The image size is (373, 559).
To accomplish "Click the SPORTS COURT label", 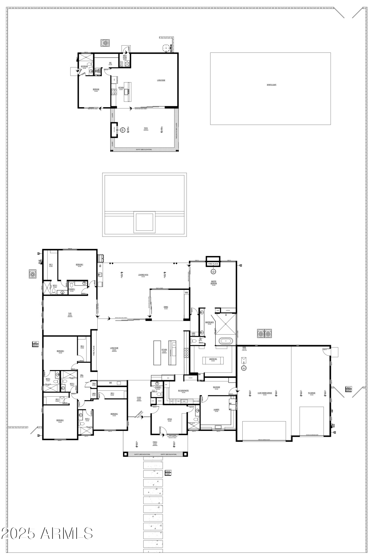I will tap(271, 85).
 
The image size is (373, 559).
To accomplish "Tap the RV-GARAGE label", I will tap(311, 393).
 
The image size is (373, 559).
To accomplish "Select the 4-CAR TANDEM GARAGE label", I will tap(264, 393).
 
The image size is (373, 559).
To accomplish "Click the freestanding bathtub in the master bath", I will tap(226, 341).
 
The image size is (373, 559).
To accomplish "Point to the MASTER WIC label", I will tap(213, 359).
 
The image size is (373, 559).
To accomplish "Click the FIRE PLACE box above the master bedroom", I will tap(213, 264).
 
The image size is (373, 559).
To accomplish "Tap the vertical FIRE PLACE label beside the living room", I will tap(94, 351).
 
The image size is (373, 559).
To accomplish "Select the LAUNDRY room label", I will tap(216, 410).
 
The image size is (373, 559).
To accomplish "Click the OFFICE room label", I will tap(170, 419).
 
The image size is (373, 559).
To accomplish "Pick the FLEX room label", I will tap(70, 314).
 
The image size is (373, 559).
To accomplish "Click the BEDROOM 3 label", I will tap(60, 420).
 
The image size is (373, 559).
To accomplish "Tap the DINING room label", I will tap(166, 307).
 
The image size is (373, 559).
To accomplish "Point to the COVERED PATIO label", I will tap(143, 275).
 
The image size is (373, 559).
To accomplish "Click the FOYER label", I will tap(139, 398).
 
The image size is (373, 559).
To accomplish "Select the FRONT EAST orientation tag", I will tap(168, 473).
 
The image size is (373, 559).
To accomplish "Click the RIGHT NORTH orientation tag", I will tap(348, 389).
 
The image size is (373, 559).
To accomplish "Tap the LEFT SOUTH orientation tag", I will tap(36, 344).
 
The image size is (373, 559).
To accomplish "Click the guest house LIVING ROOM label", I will tap(161, 80).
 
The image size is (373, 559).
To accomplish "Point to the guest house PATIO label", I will tap(146, 128).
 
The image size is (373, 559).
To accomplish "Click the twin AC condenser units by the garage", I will tap(264, 333).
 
